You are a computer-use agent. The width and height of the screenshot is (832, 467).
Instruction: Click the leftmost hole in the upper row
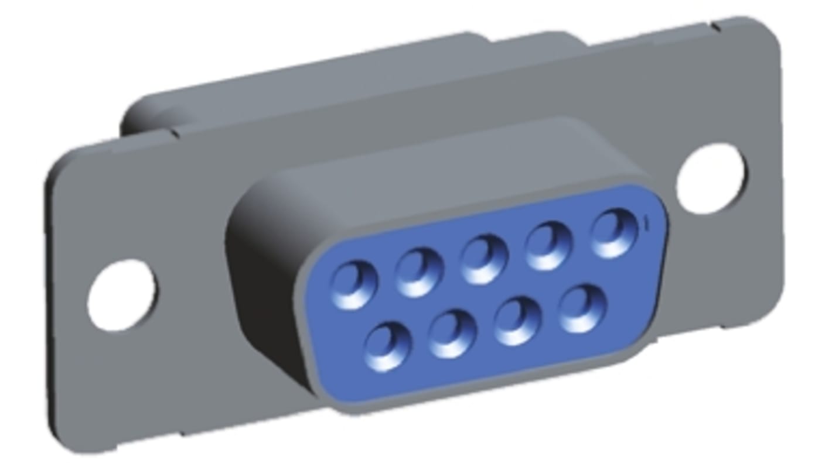354,286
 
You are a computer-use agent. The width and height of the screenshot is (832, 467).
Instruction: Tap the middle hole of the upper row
483,259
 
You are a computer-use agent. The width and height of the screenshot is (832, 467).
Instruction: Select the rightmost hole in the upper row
613,233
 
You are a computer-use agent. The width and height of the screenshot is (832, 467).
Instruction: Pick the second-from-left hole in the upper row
419,272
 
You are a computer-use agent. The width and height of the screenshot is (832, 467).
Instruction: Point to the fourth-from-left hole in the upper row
548,246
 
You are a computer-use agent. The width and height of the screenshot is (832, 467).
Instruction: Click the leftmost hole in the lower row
387,348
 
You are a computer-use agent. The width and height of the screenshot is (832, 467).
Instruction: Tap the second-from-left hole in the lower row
452,334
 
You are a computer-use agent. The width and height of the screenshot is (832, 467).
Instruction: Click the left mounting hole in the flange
122,295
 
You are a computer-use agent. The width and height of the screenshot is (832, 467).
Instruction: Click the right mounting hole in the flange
711,178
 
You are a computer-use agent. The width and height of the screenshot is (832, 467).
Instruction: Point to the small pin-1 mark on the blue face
645,222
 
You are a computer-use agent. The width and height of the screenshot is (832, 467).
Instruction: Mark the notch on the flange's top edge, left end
175,133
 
